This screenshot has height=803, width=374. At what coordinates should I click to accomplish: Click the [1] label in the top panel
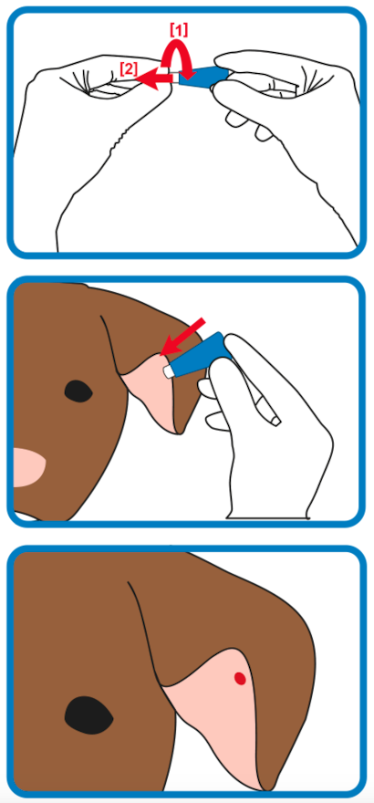tap(179, 30)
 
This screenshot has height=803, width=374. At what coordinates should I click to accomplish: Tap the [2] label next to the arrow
tap(129, 68)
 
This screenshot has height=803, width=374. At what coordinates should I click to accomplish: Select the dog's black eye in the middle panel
tap(78, 391)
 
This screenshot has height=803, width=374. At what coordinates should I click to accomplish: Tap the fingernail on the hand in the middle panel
tap(275, 422)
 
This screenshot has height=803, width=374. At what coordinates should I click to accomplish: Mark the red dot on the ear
tap(240, 678)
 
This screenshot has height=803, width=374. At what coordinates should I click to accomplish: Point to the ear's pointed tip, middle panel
tap(179, 433)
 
